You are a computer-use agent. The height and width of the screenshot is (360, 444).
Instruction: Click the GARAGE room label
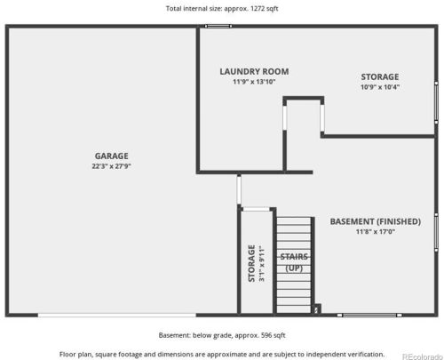[112, 156]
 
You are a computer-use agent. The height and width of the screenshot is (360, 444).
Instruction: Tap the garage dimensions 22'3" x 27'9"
[111, 166]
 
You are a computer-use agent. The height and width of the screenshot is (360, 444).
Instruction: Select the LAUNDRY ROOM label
[254, 71]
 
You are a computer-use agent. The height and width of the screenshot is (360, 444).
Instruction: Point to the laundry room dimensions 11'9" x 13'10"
[254, 82]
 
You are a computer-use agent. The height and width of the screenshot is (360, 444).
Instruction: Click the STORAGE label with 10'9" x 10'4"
[380, 76]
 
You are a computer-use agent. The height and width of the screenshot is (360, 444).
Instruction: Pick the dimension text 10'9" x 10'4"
[380, 87]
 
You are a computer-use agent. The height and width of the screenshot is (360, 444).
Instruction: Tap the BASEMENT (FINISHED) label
[376, 221]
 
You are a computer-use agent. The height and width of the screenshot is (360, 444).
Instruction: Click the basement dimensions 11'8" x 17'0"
[376, 231]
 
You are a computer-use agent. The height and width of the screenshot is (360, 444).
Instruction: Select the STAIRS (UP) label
[294, 262]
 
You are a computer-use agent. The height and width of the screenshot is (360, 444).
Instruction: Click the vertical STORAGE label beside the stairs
[251, 263]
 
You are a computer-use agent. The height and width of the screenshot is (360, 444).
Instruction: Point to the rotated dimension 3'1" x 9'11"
[262, 263]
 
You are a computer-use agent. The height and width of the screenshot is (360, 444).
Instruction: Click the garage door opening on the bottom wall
[117, 315]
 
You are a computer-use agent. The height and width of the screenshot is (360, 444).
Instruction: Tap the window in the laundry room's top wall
[218, 26]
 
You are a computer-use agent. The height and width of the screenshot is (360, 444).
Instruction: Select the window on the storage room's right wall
[436, 102]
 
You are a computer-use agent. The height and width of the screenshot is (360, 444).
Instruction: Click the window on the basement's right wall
[436, 232]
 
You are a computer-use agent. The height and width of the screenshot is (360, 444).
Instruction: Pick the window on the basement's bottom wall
[369, 315]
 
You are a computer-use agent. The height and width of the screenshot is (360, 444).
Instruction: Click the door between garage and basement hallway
[239, 189]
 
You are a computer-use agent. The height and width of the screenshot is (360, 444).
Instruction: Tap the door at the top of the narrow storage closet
[257, 209]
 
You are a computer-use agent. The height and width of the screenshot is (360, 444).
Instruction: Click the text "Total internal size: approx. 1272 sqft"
[222, 8]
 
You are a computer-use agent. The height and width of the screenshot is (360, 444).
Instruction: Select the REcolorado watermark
[423, 356]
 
